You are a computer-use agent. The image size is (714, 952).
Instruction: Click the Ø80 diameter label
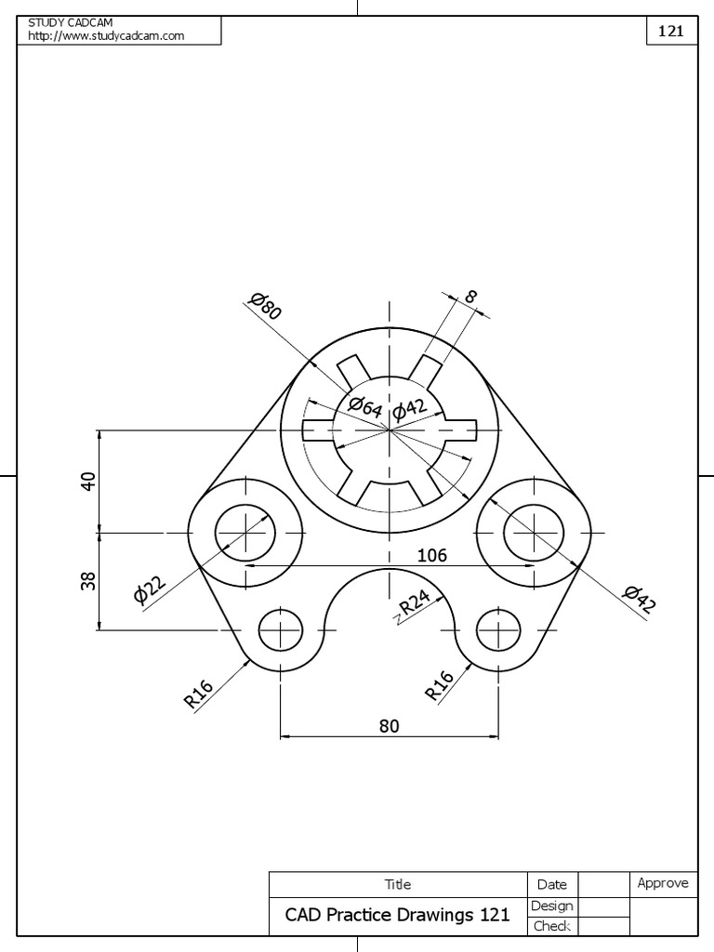(x=265, y=305)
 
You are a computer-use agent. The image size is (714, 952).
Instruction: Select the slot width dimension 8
(x=470, y=297)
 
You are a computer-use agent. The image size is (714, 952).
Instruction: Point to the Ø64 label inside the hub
(x=364, y=406)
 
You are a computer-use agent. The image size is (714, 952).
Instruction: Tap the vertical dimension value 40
(x=88, y=481)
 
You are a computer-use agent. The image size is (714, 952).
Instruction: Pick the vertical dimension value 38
(x=88, y=581)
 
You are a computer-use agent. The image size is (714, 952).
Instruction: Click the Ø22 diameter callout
(x=149, y=589)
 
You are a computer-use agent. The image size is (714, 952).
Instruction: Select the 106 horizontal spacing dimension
(x=431, y=556)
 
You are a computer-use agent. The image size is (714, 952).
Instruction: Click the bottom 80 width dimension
(x=389, y=726)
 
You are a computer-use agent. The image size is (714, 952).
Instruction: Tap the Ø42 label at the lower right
(x=641, y=600)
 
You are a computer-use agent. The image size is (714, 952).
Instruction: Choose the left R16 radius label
(x=199, y=694)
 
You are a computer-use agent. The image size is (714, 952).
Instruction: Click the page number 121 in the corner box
(x=671, y=31)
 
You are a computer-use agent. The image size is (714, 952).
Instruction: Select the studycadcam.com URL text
(x=106, y=36)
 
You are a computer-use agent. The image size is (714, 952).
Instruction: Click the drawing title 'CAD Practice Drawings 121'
(x=397, y=915)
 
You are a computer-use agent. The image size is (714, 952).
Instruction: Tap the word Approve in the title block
(x=663, y=883)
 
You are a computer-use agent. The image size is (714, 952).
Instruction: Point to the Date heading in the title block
(x=551, y=885)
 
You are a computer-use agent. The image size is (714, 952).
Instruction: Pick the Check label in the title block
(x=551, y=926)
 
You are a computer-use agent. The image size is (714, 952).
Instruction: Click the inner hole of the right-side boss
(x=534, y=534)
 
